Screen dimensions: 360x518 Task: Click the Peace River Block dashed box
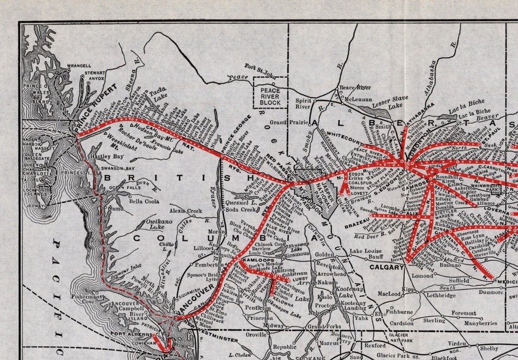point(270,92)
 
